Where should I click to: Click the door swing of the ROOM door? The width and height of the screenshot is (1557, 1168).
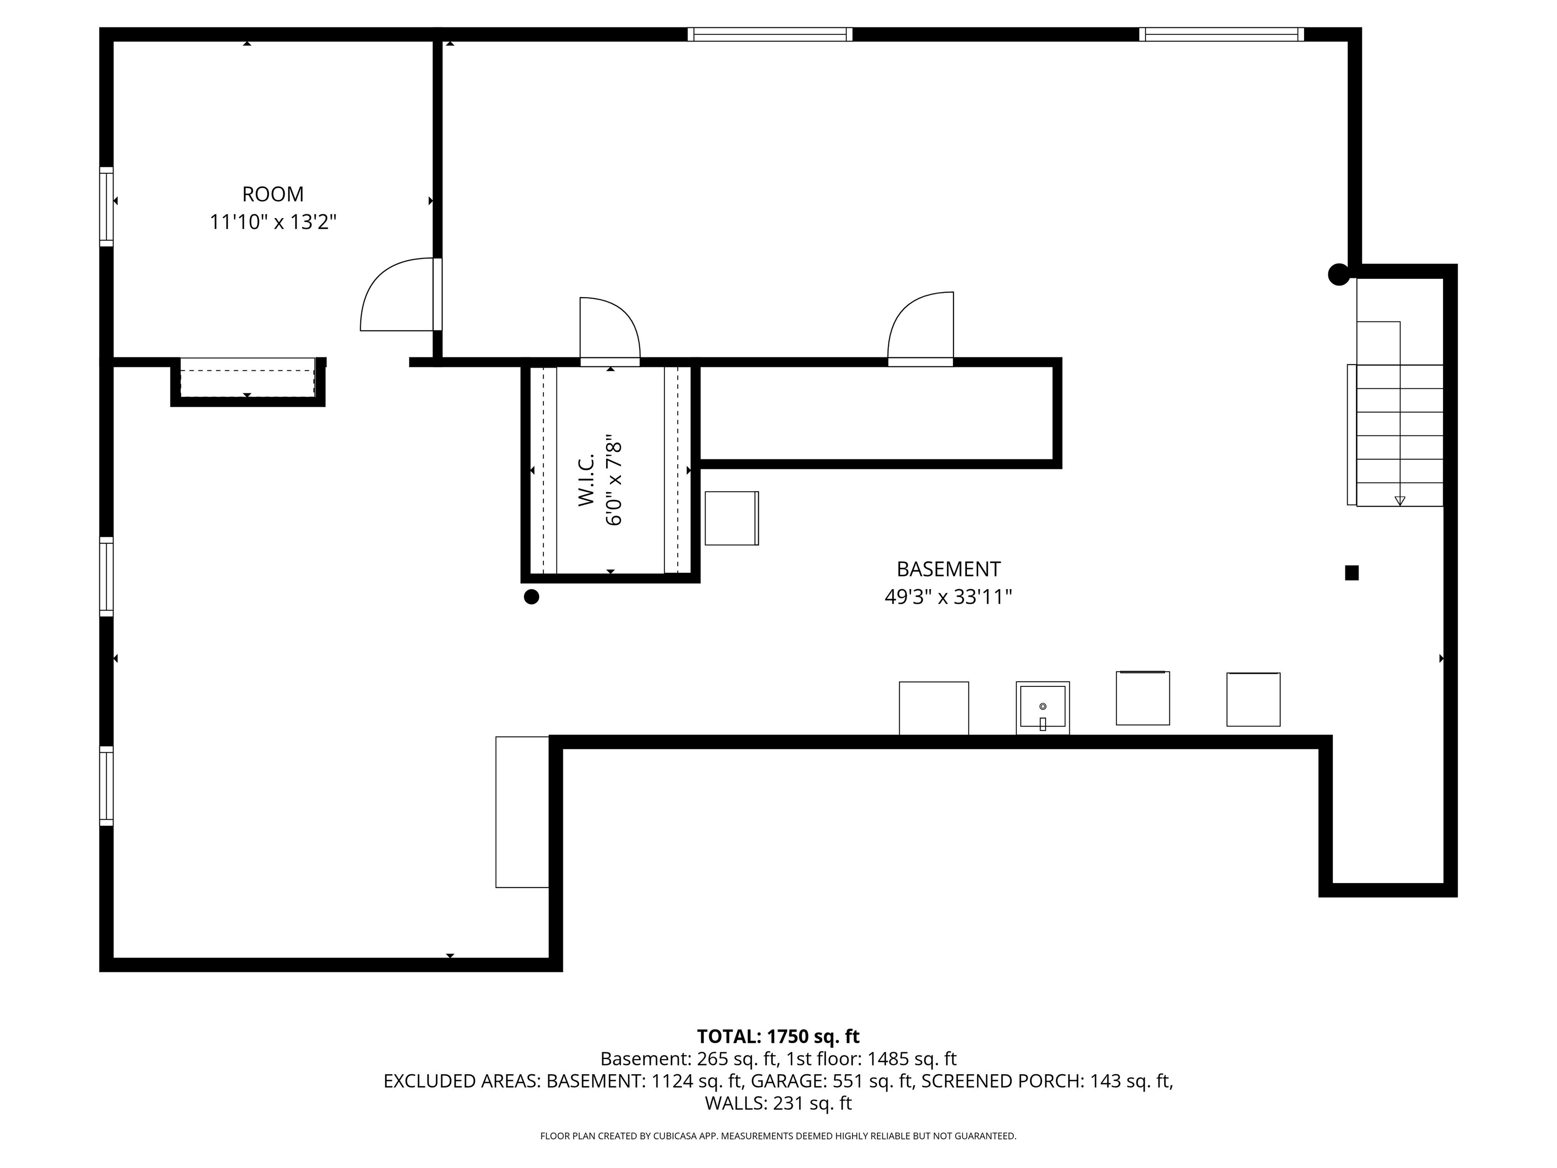point(394,296)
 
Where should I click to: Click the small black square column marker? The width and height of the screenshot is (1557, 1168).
point(1351,573)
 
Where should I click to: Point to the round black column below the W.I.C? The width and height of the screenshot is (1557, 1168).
point(532,597)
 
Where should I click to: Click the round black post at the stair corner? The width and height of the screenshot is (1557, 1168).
point(1338,275)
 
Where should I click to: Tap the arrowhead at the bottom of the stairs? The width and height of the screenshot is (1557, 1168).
point(1399,500)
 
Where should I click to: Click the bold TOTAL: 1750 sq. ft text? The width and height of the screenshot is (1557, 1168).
point(778,1036)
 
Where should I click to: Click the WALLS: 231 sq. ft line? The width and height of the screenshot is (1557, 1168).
point(778,1103)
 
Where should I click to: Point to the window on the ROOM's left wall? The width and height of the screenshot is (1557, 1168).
point(106,206)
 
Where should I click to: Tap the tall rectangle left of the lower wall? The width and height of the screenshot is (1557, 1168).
point(522,812)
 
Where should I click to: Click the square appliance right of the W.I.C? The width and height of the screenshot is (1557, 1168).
point(731,518)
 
